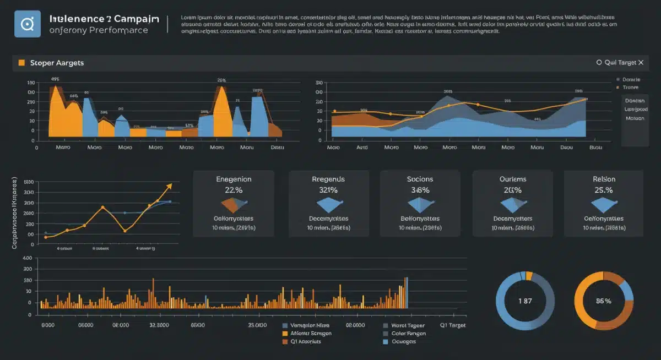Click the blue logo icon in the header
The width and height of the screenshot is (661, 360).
(28, 24)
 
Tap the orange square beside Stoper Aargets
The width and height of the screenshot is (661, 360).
(21, 63)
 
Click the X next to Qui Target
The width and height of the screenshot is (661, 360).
(641, 63)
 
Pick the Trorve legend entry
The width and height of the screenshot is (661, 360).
(630, 88)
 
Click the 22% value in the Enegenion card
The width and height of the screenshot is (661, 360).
(234, 190)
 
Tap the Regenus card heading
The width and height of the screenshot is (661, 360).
(328, 179)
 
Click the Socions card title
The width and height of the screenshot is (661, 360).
(420, 179)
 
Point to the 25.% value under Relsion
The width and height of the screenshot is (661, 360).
(604, 190)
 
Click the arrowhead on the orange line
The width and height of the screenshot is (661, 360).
(169, 186)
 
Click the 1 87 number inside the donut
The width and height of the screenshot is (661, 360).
(525, 301)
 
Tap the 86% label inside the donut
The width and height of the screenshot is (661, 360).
(604, 301)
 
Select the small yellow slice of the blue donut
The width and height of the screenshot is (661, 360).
(529, 276)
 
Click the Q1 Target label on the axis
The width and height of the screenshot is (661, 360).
(452, 325)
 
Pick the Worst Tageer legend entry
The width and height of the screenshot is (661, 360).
(408, 325)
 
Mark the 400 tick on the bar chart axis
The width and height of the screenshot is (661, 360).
(26, 258)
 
